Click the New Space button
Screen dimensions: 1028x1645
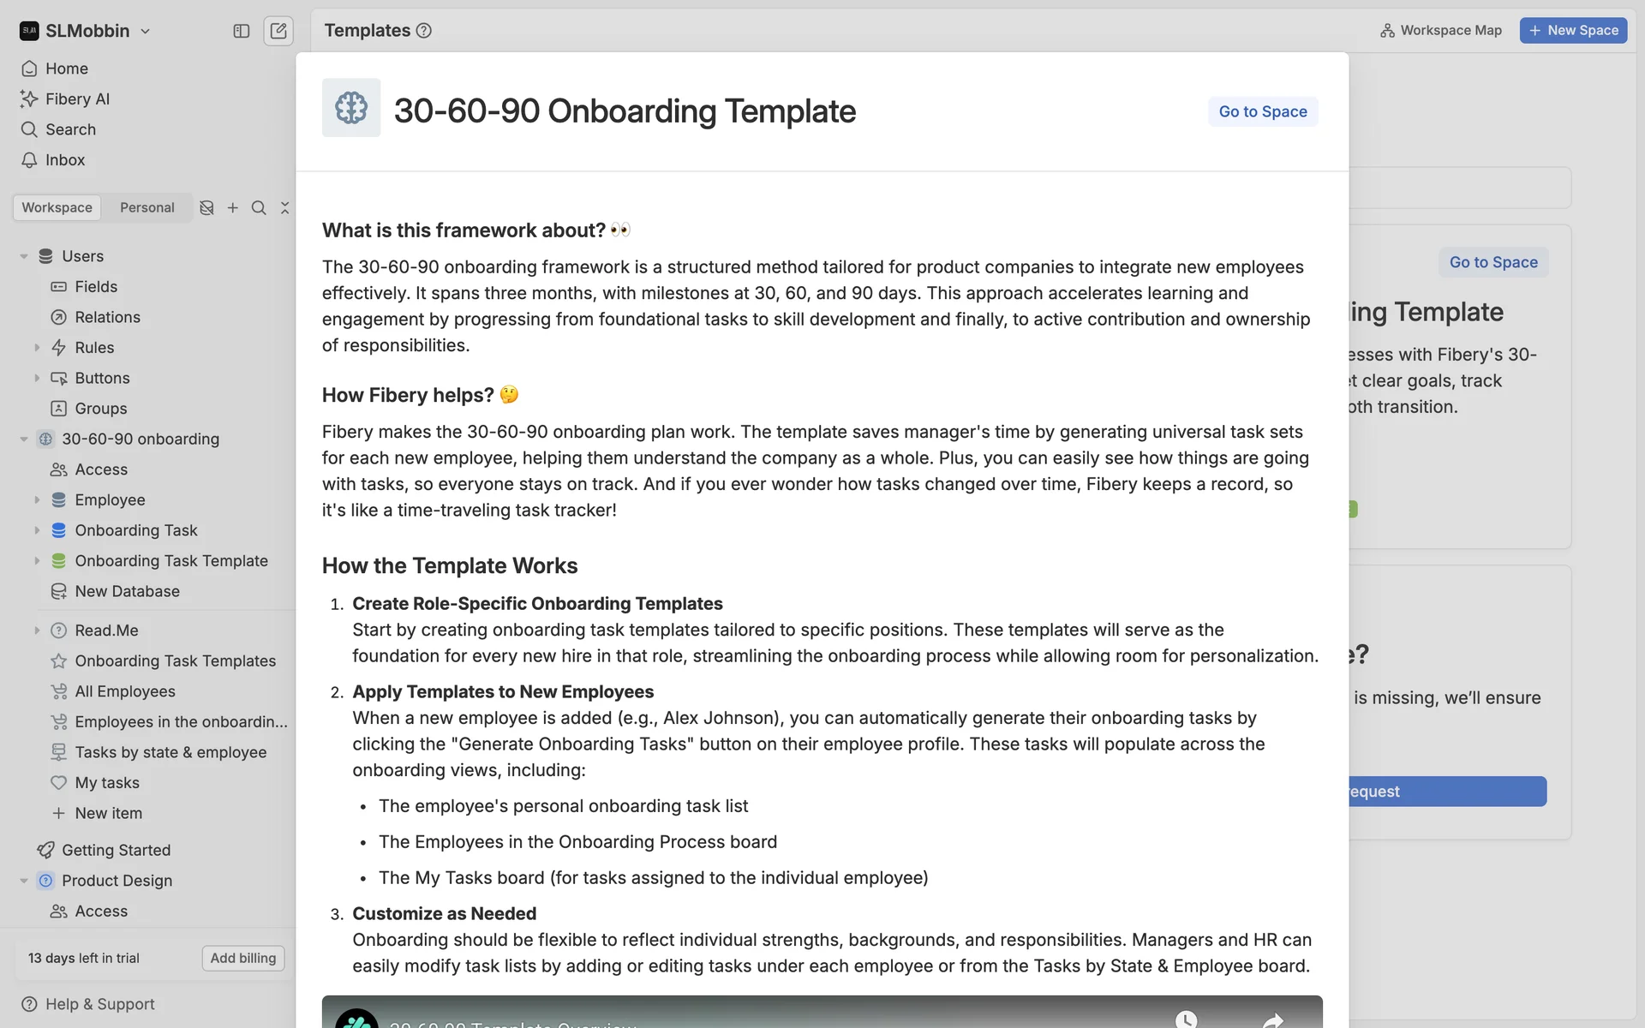tap(1573, 30)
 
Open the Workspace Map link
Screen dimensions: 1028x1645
tap(1441, 30)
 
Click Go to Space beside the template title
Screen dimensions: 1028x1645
tap(1262, 111)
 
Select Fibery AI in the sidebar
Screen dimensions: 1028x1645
tap(77, 99)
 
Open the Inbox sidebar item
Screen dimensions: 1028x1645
tap(65, 160)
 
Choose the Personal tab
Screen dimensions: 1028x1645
tap(147, 207)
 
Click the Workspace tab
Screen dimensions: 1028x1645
tap(57, 207)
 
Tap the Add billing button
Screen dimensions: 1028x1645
tap(243, 958)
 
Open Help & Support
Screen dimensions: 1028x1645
tap(99, 1004)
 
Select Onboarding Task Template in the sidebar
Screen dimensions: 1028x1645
tap(171, 561)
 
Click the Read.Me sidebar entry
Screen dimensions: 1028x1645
tap(106, 631)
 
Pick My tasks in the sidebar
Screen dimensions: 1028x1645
tap(107, 783)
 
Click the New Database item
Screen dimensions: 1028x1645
tap(127, 591)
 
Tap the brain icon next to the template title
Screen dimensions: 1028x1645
tap(351, 108)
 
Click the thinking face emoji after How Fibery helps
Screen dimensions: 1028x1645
tap(509, 395)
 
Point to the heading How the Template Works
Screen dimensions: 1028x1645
tap(450, 565)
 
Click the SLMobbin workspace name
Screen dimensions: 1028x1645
tap(87, 31)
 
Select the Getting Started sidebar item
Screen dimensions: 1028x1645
tap(116, 850)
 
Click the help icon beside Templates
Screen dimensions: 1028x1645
tap(424, 31)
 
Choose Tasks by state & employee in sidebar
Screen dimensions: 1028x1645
tap(170, 752)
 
